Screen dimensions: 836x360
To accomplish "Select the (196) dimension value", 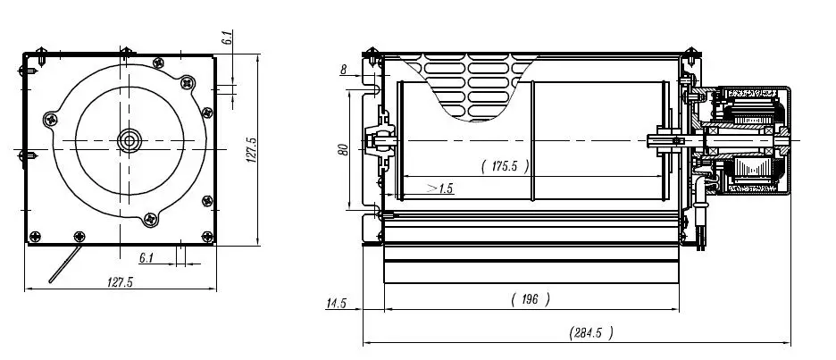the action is [530, 298].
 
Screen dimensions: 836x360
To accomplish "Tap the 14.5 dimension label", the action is [336, 304].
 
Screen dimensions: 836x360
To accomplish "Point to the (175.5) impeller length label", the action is [505, 165].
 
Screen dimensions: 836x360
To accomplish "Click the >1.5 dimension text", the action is [439, 188].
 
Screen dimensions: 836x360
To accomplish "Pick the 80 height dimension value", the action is [342, 149].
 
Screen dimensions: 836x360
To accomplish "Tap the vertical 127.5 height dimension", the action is [251, 150].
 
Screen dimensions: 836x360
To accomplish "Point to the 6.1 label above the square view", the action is [227, 38].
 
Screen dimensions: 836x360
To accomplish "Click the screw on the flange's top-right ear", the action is [187, 83].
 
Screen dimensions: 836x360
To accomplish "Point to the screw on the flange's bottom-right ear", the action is [207, 200].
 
